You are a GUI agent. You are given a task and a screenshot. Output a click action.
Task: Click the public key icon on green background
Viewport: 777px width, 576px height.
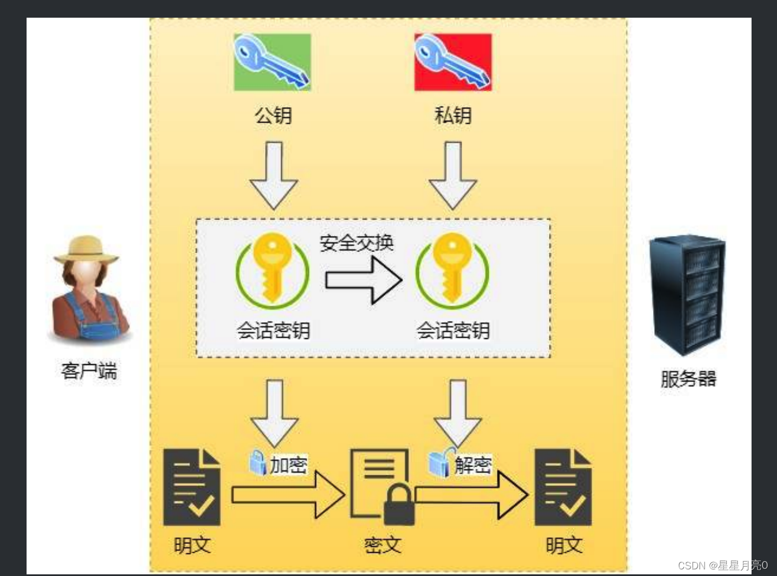pos(272,62)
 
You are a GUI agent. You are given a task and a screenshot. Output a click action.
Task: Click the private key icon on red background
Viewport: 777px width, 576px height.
pos(453,62)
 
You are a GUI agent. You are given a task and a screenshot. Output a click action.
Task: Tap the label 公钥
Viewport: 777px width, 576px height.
pos(273,116)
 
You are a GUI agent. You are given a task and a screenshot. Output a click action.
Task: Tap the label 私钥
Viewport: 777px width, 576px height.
pos(453,116)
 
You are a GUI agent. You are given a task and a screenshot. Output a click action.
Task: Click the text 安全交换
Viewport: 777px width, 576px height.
pos(356,243)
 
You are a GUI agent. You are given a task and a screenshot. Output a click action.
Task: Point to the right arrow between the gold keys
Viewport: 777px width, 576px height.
pos(363,280)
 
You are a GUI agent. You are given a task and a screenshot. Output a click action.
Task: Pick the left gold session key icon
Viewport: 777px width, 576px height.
pos(272,269)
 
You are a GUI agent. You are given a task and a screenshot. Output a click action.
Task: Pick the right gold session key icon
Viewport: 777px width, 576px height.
pos(453,269)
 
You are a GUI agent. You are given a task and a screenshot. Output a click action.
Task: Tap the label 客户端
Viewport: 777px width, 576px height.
pos(89,370)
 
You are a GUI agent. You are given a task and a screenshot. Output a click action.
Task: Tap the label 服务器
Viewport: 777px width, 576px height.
pos(688,379)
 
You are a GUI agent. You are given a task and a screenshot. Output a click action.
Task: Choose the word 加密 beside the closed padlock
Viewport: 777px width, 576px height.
pos(288,464)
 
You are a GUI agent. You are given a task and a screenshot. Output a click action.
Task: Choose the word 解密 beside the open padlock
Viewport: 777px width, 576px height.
pos(473,464)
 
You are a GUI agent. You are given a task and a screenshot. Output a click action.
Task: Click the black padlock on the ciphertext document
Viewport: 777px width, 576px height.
pos(398,504)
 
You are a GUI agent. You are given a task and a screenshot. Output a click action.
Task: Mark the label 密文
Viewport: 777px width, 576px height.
pos(382,545)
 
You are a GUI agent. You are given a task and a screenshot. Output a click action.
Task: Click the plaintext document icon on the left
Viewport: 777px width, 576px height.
pos(191,488)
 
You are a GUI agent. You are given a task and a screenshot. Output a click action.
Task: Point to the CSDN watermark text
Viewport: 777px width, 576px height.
pos(722,565)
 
